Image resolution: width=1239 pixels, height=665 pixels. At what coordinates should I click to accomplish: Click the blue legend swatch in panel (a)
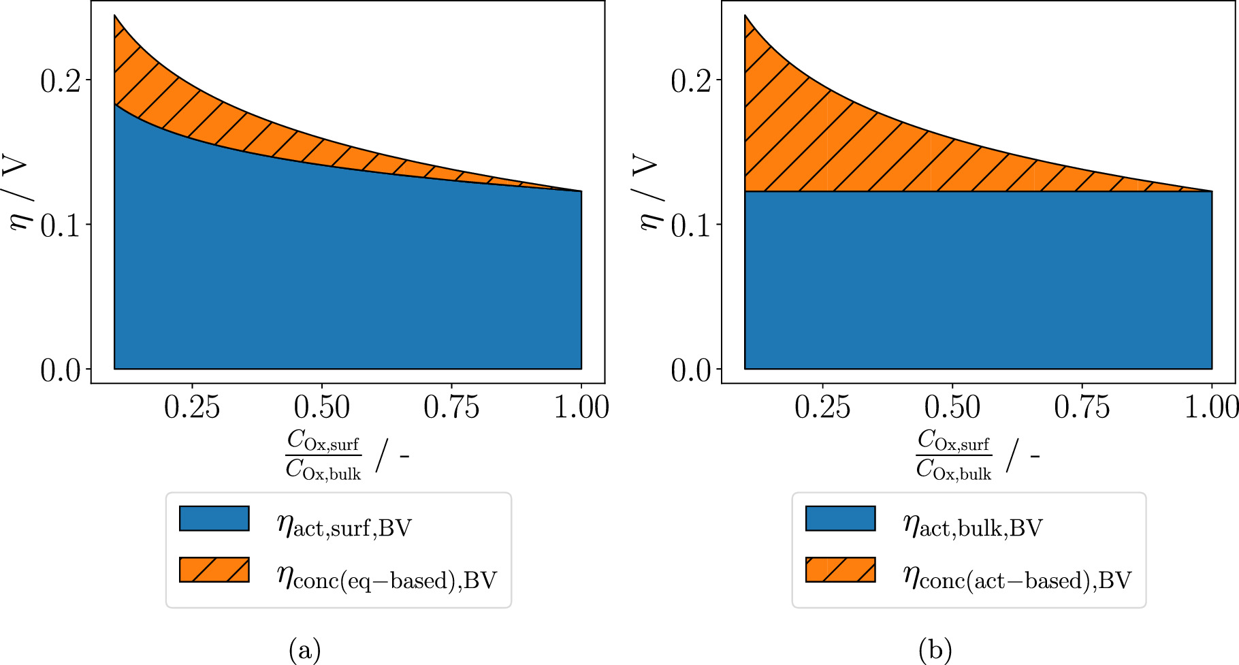[x=214, y=518]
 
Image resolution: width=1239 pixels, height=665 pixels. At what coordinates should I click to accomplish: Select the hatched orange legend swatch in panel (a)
[x=214, y=570]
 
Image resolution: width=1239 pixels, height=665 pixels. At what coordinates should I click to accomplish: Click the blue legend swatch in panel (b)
[x=840, y=518]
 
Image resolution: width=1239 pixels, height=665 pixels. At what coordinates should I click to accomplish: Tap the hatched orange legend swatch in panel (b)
[x=840, y=570]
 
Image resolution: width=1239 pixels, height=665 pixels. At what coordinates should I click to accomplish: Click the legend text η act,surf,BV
[x=344, y=526]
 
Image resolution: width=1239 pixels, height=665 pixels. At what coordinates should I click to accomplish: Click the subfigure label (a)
[x=304, y=650]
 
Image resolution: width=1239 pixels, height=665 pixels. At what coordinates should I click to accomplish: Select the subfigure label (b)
[x=935, y=650]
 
